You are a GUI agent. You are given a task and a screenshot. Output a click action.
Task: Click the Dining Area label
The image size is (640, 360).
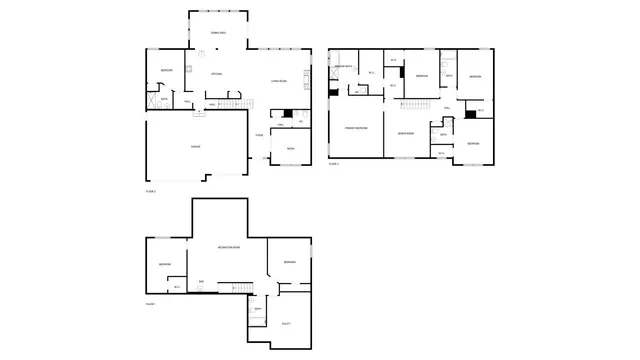point(217,34)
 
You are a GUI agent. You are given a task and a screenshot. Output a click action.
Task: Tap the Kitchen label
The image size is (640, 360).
point(216,74)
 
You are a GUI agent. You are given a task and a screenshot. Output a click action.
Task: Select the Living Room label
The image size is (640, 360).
point(279,82)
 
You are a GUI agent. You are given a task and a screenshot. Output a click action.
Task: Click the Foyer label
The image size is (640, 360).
point(259,135)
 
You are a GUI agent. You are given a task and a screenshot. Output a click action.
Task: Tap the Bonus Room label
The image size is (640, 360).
point(405,132)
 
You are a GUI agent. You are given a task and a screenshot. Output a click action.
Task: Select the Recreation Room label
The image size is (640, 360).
point(228,246)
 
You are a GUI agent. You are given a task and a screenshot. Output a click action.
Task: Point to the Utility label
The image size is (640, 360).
point(286,323)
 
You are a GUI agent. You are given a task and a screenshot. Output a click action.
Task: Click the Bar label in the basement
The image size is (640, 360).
point(201,282)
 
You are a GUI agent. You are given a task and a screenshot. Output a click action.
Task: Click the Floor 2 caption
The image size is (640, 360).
point(151,189)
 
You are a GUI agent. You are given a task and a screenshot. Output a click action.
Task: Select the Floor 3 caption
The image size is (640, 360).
point(334,164)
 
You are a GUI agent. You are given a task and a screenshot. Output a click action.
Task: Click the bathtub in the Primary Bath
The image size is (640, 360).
point(333,77)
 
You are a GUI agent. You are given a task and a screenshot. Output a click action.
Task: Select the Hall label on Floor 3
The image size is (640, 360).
point(447,109)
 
